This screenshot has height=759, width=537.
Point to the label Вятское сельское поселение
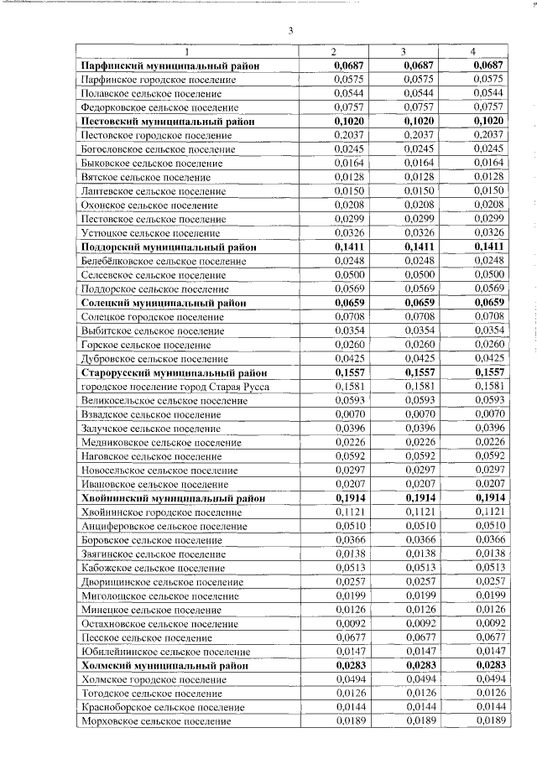145,177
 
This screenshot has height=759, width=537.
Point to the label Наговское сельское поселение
151,455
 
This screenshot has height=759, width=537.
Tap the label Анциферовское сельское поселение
164,525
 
